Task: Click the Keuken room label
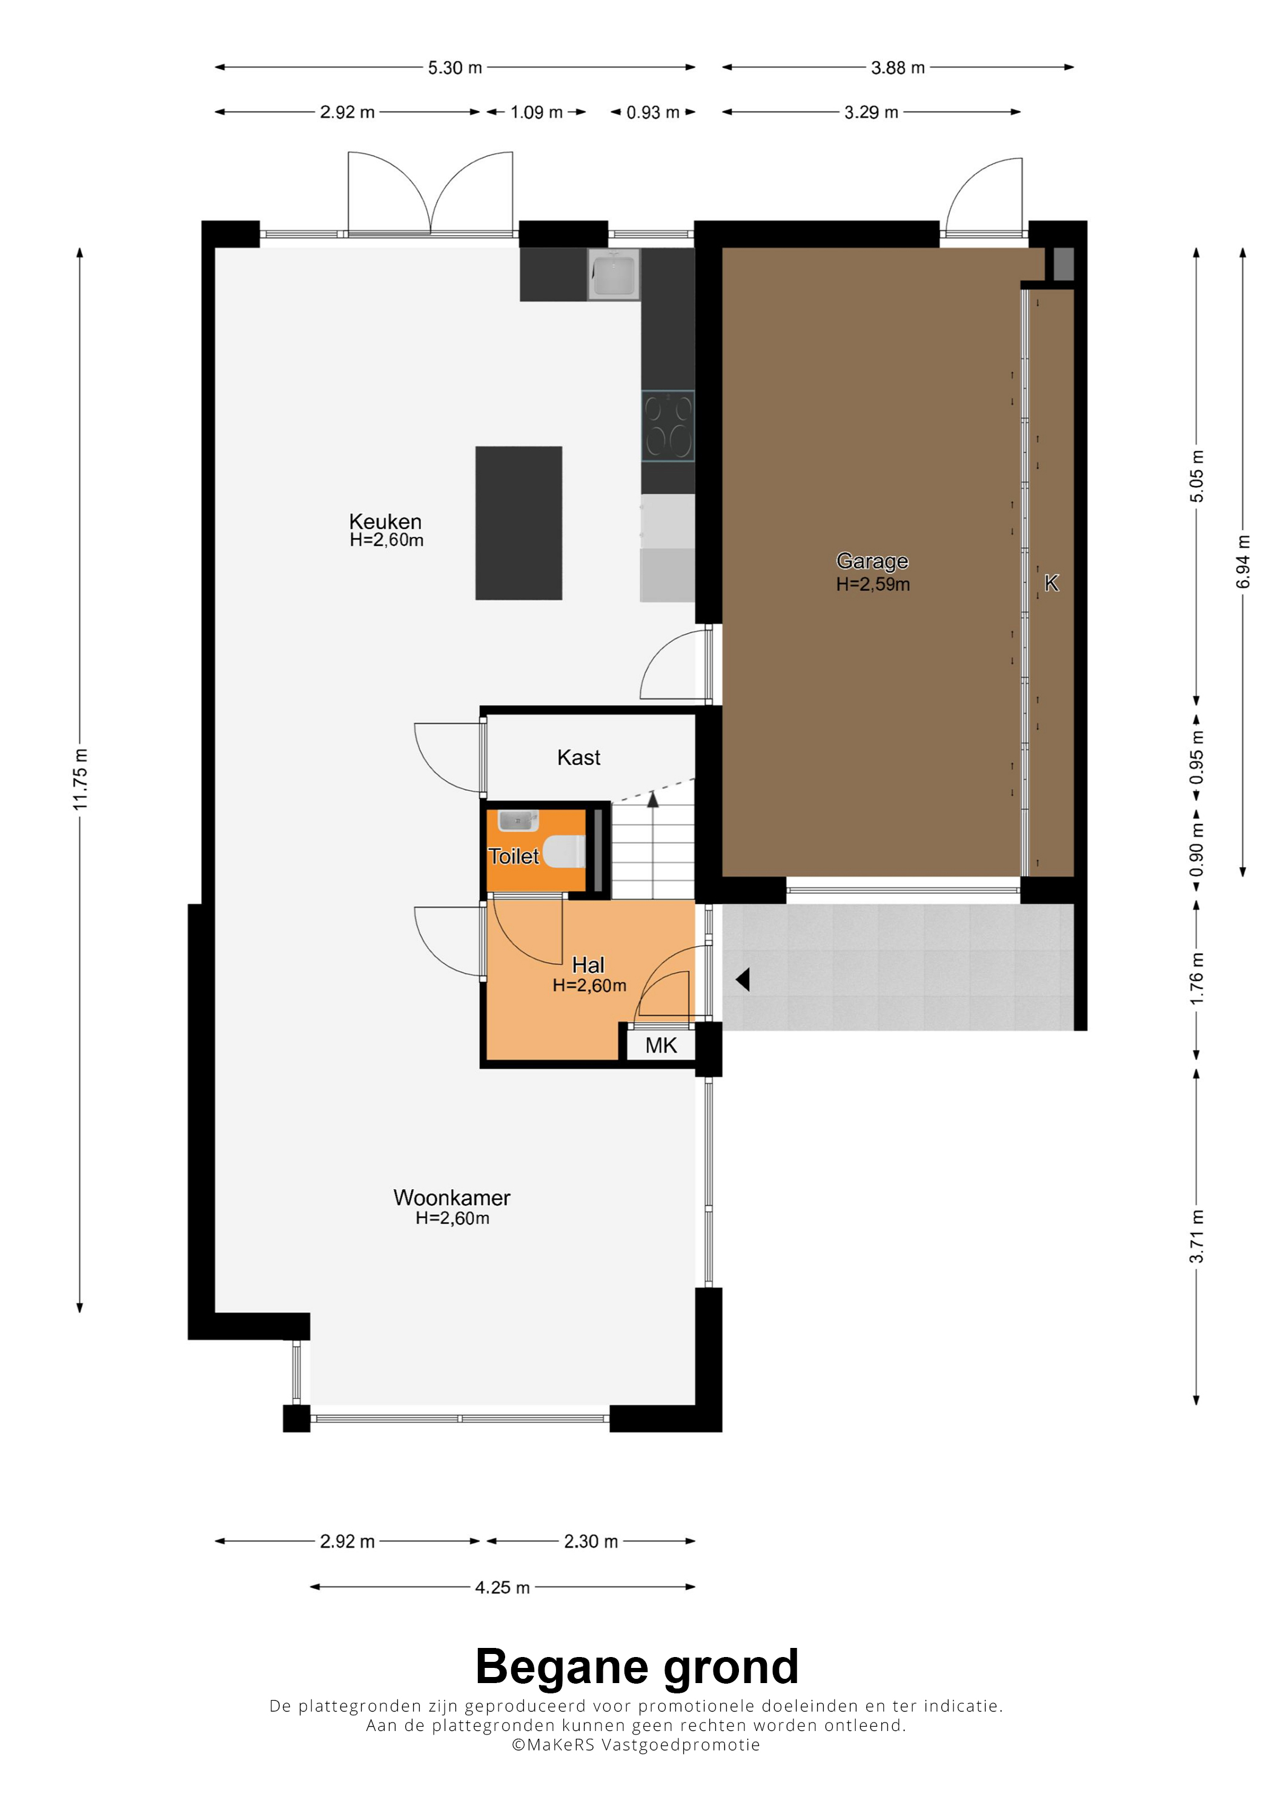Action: (386, 522)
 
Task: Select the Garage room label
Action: (872, 561)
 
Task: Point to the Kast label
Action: (578, 757)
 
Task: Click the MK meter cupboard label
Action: (661, 1045)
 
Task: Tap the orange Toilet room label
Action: (514, 856)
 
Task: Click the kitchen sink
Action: (614, 274)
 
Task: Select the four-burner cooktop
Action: (667, 426)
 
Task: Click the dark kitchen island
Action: (518, 523)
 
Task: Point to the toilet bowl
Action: (565, 851)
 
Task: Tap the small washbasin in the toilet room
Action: (518, 820)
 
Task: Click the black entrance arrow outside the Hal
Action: (742, 979)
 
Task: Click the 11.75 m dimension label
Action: (80, 779)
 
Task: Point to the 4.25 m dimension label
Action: (502, 1587)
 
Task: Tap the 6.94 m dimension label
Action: (1243, 562)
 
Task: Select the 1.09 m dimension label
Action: (536, 112)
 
